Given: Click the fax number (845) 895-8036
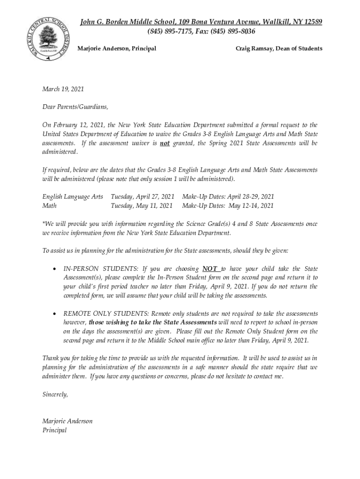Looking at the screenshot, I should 230,31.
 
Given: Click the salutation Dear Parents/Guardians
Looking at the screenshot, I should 75,107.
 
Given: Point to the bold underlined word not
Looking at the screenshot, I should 165,143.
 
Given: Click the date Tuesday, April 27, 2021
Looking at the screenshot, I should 142,196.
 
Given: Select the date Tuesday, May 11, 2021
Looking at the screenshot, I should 141,205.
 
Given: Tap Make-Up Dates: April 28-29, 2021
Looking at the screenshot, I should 228,196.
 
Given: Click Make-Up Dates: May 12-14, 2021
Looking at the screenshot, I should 228,205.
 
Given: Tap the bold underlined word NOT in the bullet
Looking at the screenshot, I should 210,269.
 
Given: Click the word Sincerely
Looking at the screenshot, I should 55,394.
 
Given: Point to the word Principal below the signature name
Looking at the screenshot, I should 54,430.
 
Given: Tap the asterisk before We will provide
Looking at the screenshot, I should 43,224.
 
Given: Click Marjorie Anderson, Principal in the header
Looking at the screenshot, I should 116,49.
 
